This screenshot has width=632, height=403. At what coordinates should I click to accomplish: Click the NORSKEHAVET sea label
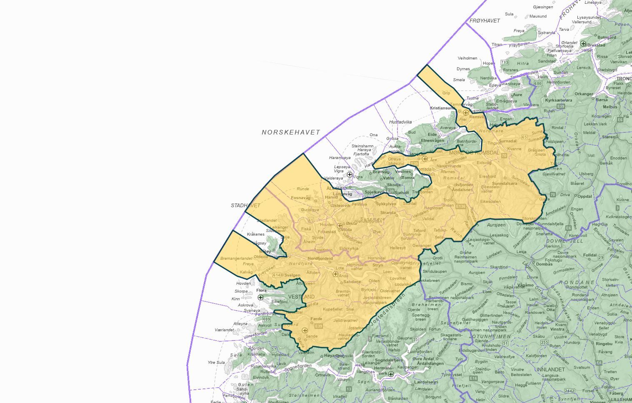(x=291, y=132)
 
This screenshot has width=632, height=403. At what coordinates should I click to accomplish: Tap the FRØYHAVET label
(x=485, y=21)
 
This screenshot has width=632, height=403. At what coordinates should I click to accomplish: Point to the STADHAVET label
(x=245, y=206)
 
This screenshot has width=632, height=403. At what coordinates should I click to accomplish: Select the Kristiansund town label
(x=442, y=108)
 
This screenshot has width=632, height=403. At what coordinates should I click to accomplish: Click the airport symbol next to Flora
(x=260, y=297)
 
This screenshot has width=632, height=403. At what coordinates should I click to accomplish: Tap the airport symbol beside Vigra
(x=350, y=174)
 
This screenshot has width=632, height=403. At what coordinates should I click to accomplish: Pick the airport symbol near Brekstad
(x=583, y=44)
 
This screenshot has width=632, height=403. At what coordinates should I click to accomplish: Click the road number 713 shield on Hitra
(x=505, y=63)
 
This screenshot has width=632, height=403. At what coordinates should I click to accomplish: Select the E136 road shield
(x=460, y=206)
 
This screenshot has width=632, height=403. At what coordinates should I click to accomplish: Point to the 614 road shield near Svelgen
(x=277, y=276)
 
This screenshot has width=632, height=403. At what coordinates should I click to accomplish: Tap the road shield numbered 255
(x=544, y=343)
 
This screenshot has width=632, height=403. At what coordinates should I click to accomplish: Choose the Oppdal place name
(x=585, y=197)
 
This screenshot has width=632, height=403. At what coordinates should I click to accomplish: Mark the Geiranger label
(x=422, y=246)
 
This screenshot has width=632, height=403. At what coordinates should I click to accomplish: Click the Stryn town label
(x=377, y=265)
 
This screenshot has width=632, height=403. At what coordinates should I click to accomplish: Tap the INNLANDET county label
(x=550, y=369)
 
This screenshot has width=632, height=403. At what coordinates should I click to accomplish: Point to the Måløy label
(x=265, y=251)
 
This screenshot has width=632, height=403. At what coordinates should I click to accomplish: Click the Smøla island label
(x=459, y=80)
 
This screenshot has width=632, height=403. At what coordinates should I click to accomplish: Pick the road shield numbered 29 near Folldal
(x=601, y=258)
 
